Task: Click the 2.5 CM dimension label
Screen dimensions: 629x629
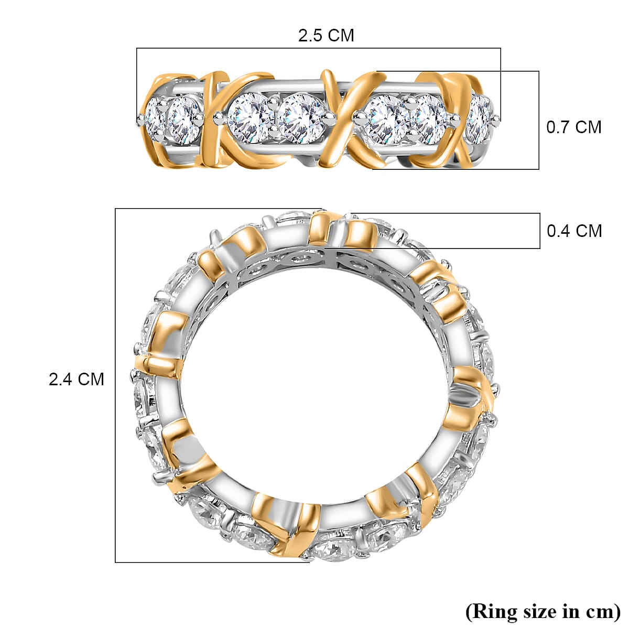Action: (x=326, y=36)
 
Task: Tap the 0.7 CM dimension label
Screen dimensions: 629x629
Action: (x=574, y=127)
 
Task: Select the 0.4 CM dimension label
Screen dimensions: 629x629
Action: (x=574, y=231)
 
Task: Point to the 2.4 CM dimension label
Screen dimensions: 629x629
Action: (x=77, y=379)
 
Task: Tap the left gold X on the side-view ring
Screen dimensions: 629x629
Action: (x=214, y=120)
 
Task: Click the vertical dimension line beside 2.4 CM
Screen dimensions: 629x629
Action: (x=115, y=385)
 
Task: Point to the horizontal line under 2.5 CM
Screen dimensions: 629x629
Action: (x=319, y=48)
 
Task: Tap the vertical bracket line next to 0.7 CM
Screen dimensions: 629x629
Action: (x=539, y=120)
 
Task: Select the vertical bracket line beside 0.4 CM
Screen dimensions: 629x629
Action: (x=540, y=231)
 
